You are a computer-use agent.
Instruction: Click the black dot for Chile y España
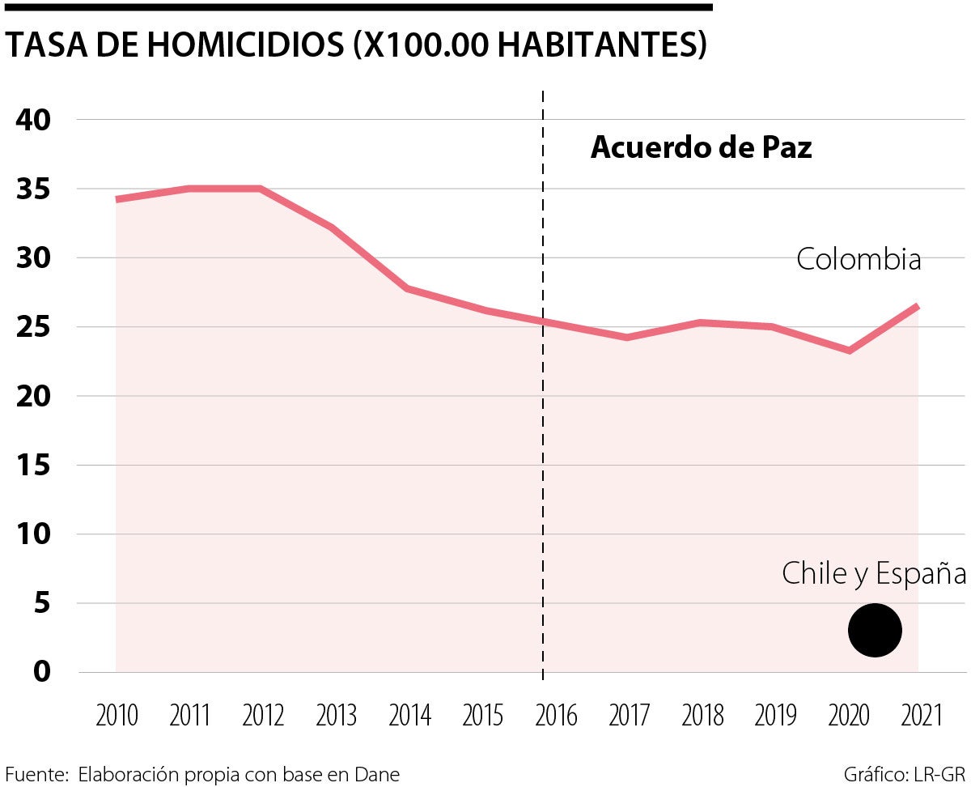875,631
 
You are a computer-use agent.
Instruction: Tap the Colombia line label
859,260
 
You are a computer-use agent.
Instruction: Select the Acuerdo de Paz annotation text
701,147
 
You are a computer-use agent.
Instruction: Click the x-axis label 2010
117,716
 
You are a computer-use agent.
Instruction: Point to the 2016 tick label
556,716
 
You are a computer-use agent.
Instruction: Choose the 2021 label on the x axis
922,716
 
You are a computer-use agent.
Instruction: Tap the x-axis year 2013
337,716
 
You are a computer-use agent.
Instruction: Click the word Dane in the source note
377,774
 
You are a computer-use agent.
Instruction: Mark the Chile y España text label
874,574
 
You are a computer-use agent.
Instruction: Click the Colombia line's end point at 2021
917,306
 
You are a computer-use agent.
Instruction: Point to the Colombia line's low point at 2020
849,350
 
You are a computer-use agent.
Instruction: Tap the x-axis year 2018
702,716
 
